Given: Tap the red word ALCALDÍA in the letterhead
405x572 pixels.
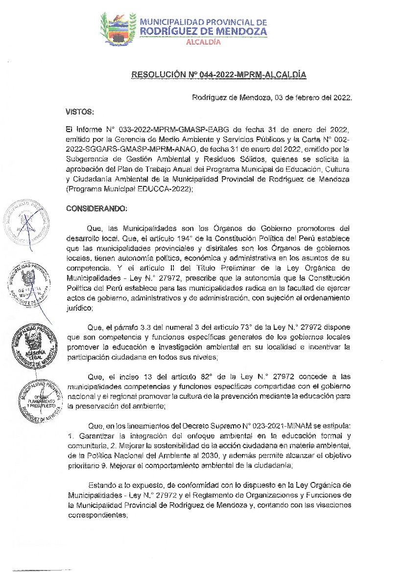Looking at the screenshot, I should (x=204, y=42).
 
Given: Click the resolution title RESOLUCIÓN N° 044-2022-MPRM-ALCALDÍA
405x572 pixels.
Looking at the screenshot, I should (x=218, y=75).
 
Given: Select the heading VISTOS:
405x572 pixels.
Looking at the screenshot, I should (x=79, y=112).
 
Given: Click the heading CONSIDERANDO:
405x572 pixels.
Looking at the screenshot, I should (x=96, y=208).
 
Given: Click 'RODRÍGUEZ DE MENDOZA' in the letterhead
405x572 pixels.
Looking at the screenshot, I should (x=203, y=31).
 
